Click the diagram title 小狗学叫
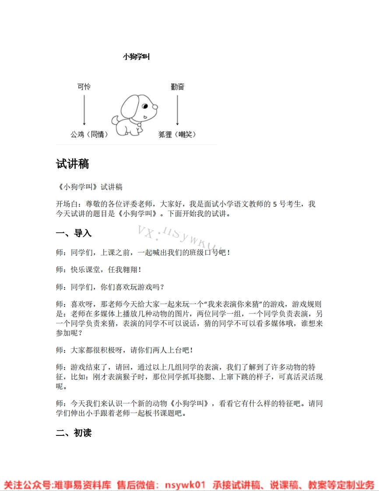click(x=137, y=56)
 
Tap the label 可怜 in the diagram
click(x=84, y=87)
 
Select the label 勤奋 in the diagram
click(x=177, y=87)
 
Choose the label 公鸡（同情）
click(x=89, y=134)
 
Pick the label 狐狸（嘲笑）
click(x=177, y=134)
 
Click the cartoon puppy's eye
click(x=145, y=106)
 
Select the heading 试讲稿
click(x=73, y=164)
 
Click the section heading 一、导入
click(x=74, y=233)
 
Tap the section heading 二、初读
click(x=74, y=433)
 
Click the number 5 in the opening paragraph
click(x=275, y=204)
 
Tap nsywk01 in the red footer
click(x=185, y=484)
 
